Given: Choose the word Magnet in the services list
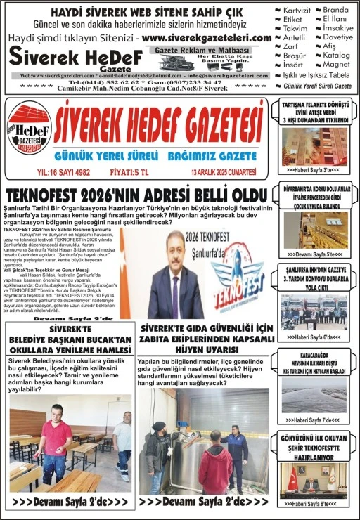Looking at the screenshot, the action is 337,64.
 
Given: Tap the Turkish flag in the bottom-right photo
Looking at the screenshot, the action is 292,477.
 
